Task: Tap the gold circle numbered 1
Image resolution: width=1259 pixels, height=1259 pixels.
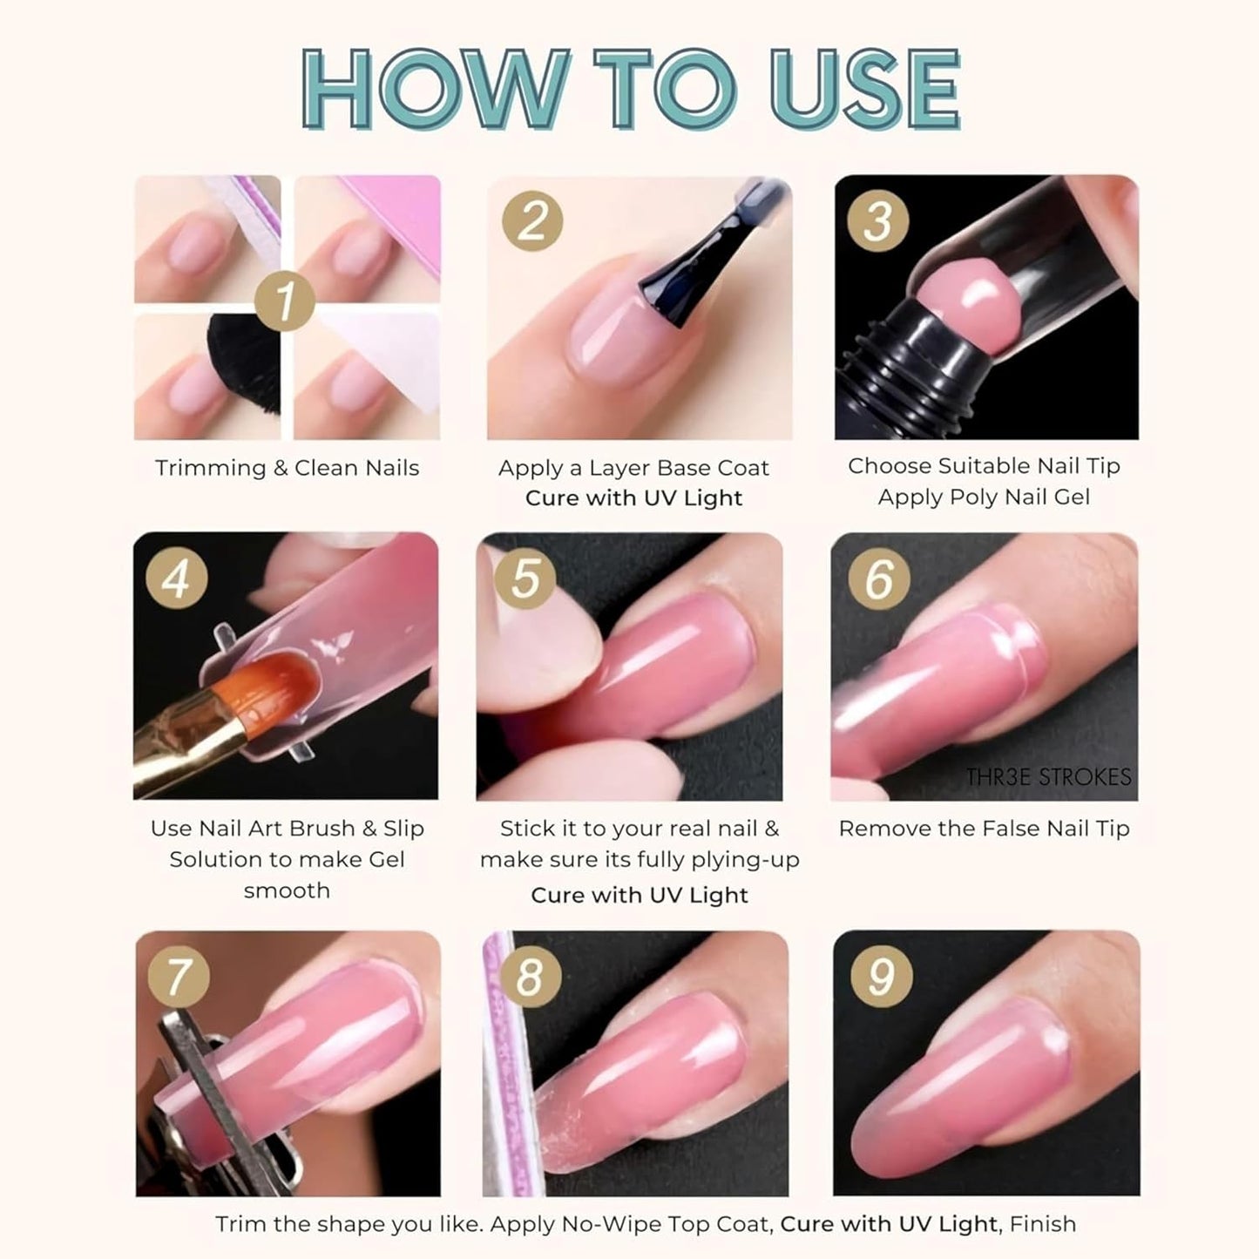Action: [285, 302]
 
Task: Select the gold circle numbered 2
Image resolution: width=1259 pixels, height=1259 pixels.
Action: [532, 220]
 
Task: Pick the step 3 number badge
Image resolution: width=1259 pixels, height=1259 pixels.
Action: [878, 220]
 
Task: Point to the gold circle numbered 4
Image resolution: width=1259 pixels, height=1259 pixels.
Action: [177, 579]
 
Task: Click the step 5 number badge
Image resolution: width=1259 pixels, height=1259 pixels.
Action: [525, 579]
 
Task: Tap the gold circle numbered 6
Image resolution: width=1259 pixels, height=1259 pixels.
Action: [879, 579]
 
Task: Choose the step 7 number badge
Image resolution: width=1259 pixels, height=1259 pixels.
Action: [179, 976]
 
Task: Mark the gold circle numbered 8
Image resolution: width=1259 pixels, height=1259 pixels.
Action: [529, 976]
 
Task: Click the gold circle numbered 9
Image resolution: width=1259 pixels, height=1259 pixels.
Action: [881, 976]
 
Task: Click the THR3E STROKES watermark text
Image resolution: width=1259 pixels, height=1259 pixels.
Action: [1047, 777]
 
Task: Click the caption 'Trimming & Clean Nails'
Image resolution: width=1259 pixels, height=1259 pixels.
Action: [287, 468]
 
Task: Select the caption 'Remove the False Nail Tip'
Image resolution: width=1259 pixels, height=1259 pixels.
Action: [984, 829]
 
